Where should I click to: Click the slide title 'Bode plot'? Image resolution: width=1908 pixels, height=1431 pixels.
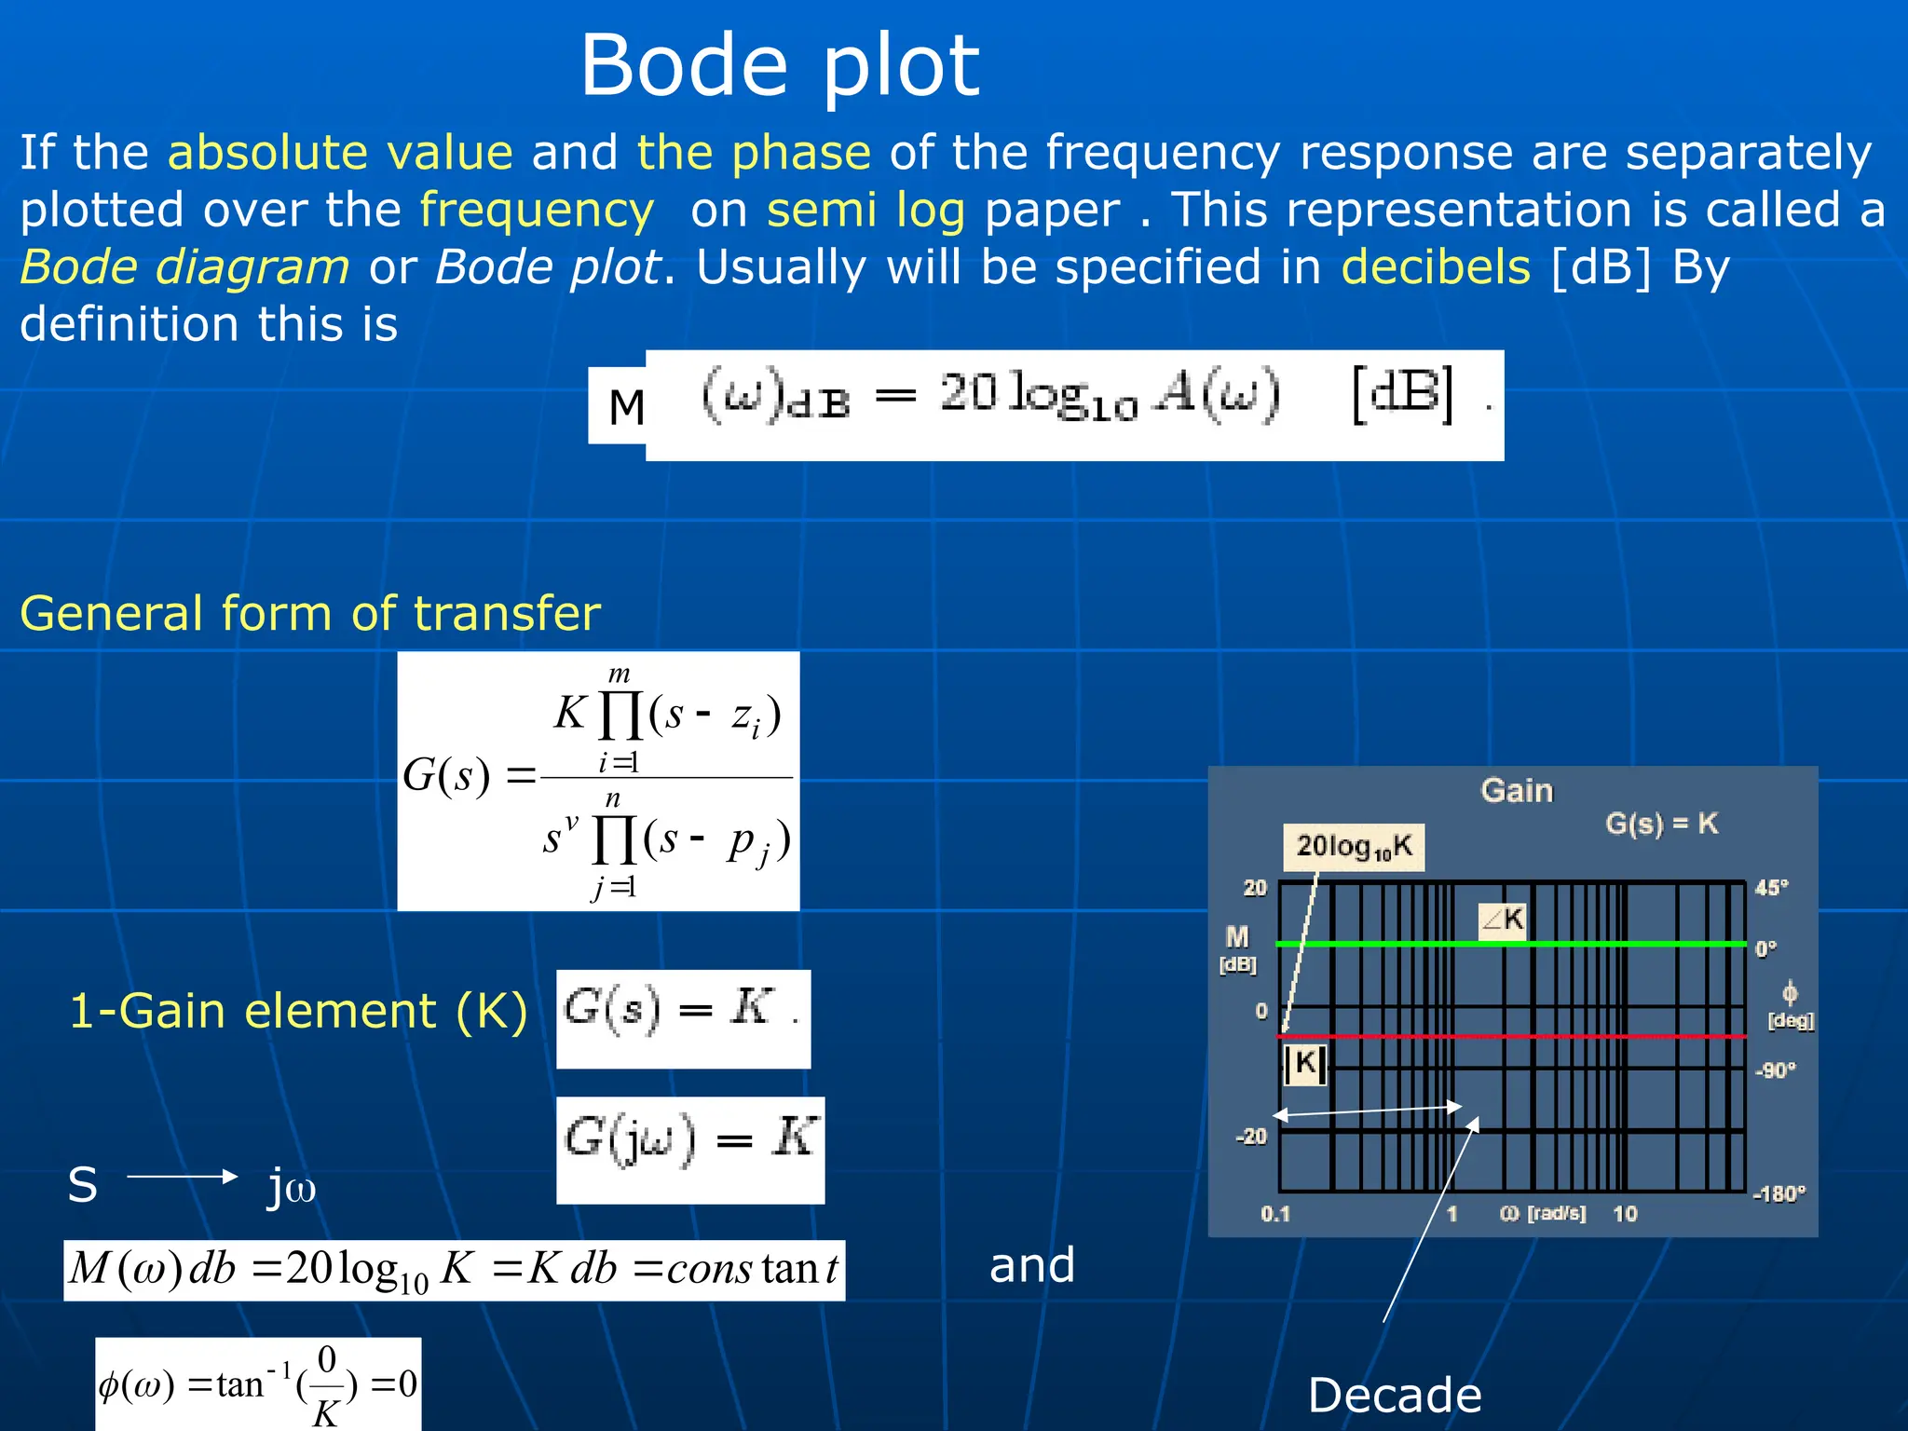coord(780,65)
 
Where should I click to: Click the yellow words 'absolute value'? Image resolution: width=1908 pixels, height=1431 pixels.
coord(340,152)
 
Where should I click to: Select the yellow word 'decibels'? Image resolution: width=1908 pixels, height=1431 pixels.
coord(1436,267)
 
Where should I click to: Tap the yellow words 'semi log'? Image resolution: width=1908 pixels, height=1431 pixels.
coord(865,210)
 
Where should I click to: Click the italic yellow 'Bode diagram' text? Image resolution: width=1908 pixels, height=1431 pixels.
coord(185,267)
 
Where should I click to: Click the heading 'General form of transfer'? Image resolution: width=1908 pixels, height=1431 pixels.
coord(310,613)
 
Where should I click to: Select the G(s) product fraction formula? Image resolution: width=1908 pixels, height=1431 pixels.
coord(598,781)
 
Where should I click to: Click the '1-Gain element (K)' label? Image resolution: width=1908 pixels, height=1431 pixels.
coord(298,1011)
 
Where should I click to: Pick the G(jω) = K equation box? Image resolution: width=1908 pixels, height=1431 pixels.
coord(690,1150)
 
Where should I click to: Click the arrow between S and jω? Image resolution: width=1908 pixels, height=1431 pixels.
coord(183,1177)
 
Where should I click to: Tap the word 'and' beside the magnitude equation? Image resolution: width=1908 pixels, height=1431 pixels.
coord(1031,1265)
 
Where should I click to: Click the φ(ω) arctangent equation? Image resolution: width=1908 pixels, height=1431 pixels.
coord(258,1384)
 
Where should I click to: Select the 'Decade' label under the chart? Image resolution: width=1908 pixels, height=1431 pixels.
coord(1395,1396)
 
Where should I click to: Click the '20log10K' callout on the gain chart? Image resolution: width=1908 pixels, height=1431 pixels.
coord(1353,847)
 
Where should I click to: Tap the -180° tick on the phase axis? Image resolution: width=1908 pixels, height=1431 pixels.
coord(1779,1193)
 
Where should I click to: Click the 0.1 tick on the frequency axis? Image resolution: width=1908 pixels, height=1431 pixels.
coord(1274,1214)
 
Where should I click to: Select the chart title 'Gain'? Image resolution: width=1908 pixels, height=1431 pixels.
coord(1517,791)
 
